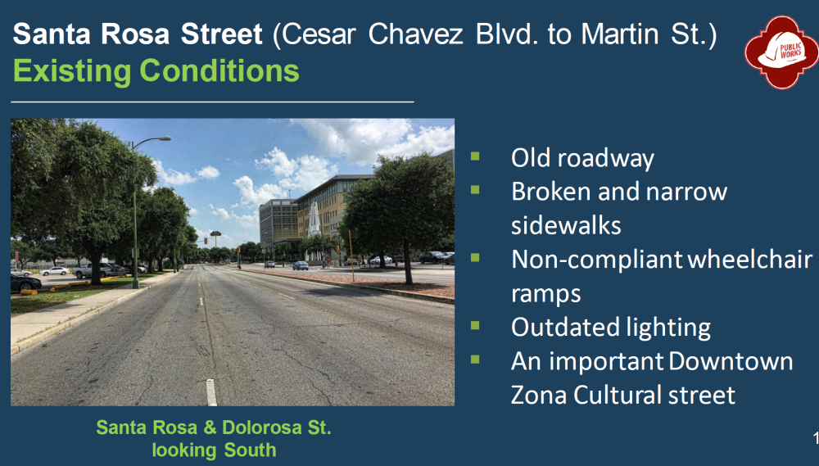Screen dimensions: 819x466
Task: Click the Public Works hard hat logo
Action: tap(782, 52)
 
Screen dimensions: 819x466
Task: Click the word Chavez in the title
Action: tap(415, 34)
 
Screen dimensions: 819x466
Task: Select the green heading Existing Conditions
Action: tap(156, 70)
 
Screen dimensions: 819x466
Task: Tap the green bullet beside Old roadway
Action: tap(475, 156)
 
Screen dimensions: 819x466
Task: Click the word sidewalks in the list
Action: tap(566, 226)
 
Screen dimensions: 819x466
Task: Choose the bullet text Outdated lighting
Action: tap(611, 328)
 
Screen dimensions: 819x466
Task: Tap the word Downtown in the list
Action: tap(731, 361)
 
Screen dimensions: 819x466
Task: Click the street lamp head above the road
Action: tap(160, 139)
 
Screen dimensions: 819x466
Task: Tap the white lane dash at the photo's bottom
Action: tap(211, 392)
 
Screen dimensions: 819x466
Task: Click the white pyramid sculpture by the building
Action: tap(314, 220)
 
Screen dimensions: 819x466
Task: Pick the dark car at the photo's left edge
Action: tap(25, 283)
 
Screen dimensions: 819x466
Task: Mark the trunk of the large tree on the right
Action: tap(407, 263)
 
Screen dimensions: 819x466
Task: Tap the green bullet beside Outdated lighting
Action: tap(475, 325)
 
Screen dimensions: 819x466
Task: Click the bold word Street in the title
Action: tap(221, 34)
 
